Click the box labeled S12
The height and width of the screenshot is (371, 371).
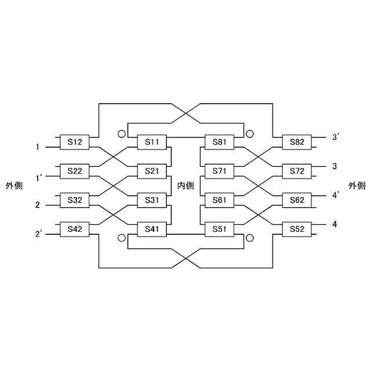click(x=75, y=142)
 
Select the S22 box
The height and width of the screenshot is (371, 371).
click(x=75, y=171)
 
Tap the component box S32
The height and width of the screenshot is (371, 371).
click(x=75, y=201)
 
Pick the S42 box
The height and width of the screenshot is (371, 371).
click(x=75, y=230)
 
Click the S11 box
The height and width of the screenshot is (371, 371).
click(x=152, y=142)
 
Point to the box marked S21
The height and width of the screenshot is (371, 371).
click(x=152, y=171)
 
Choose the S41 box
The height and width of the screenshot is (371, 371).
click(x=152, y=230)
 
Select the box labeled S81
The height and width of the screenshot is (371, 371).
click(x=220, y=142)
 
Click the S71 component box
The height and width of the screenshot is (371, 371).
click(x=220, y=171)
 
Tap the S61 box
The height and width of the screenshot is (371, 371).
click(x=220, y=201)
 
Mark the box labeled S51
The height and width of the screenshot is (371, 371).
click(x=220, y=230)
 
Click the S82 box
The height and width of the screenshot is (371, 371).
click(x=296, y=142)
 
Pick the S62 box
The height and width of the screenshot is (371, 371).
click(x=296, y=201)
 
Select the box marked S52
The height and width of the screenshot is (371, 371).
click(x=296, y=230)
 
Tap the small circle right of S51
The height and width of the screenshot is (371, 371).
click(x=250, y=238)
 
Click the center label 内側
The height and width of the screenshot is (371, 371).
click(x=185, y=185)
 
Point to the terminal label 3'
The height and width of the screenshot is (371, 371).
click(x=336, y=137)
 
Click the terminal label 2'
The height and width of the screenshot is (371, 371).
click(x=39, y=234)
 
